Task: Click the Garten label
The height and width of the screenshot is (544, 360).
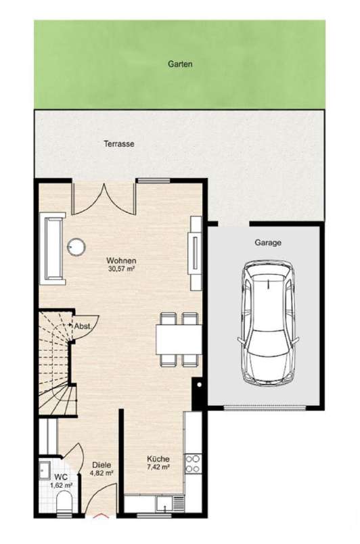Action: tap(180, 64)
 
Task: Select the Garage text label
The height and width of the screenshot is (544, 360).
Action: tap(269, 242)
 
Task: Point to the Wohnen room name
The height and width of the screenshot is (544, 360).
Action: tap(122, 260)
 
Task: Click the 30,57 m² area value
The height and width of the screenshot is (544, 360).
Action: tap(122, 269)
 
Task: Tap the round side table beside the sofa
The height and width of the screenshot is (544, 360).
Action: tap(77, 246)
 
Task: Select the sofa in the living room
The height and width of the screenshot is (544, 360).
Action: tap(53, 247)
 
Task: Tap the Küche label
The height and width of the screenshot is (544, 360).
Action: tap(158, 458)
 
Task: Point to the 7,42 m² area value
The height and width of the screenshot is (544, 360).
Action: tap(158, 467)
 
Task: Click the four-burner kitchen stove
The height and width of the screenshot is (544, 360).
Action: tap(192, 463)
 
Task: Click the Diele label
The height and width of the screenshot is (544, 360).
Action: tap(102, 465)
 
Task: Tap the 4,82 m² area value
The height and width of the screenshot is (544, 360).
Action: tap(102, 474)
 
